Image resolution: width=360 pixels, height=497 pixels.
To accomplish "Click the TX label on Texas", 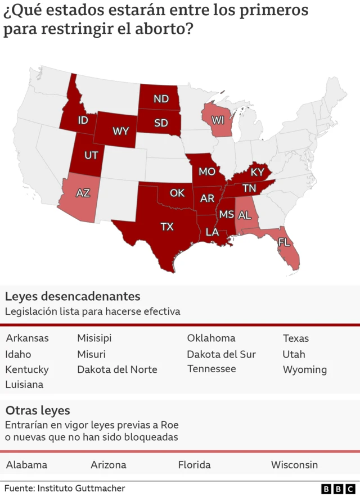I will point(167,227).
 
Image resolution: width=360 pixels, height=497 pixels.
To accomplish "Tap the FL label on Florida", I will point(284,242).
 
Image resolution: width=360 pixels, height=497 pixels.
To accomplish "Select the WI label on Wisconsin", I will point(218,120).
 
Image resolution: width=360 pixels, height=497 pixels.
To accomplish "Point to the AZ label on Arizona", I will point(83,193).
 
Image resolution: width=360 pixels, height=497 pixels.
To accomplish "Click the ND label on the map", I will point(161,99).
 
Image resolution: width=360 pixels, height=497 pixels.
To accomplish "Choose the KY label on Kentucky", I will point(257,172).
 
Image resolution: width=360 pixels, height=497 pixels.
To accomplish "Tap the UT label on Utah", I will point(91,155).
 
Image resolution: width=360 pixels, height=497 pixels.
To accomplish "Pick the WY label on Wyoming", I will point(120,131).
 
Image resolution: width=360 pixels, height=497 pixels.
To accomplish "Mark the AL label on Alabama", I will point(245,215).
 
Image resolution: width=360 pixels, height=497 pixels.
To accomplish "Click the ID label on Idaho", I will point(83,120).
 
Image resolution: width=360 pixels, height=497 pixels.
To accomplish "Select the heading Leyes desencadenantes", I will point(73,296).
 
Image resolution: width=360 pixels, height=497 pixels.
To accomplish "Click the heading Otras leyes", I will point(38,410).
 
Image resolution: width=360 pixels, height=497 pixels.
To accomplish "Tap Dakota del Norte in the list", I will point(117,369).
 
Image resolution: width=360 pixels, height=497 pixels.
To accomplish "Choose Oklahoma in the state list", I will point(211,338).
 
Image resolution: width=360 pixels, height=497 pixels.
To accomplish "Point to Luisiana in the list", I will point(24,385).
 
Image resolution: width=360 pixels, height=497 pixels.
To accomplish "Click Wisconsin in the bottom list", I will point(294,465).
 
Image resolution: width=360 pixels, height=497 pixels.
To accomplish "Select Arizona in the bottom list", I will point(108,465).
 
